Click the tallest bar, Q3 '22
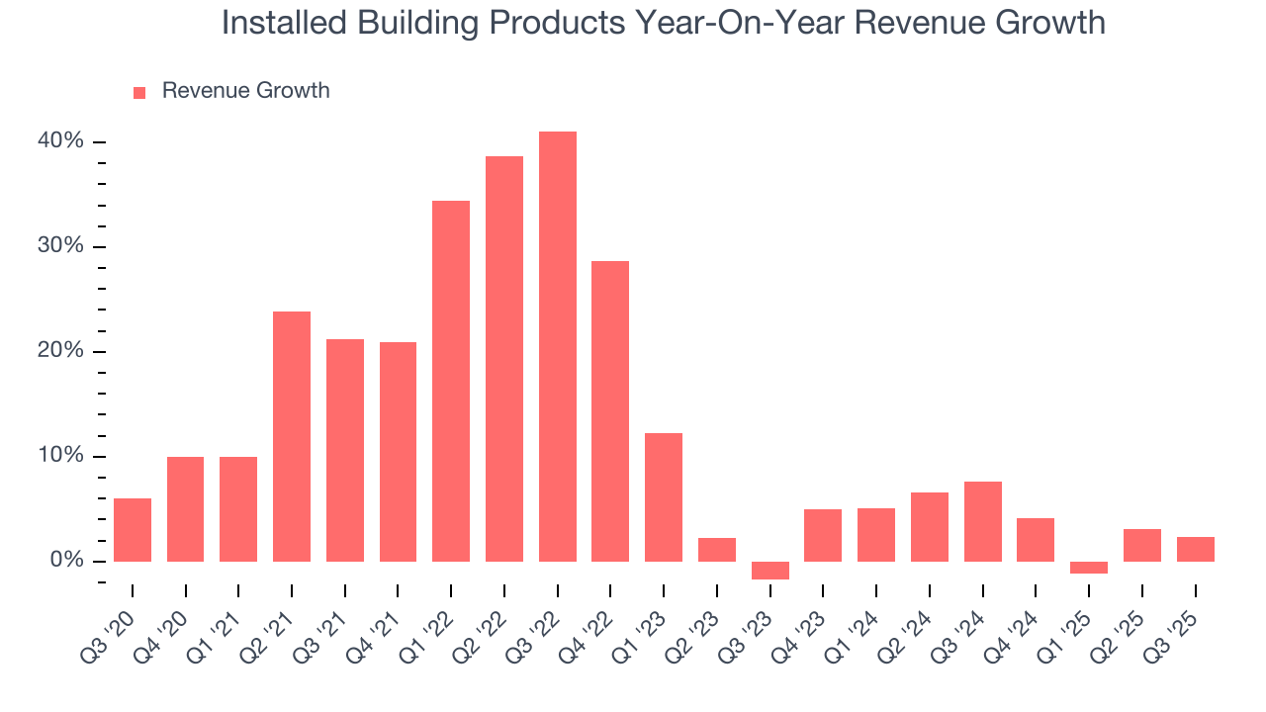pyautogui.click(x=558, y=346)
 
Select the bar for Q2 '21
pyautogui.click(x=292, y=436)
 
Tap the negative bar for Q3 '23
pyautogui.click(x=770, y=571)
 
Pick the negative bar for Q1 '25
pyautogui.click(x=1089, y=568)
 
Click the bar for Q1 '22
pyautogui.click(x=451, y=381)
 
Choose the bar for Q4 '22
pyautogui.click(x=610, y=411)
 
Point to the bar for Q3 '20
pyautogui.click(x=133, y=530)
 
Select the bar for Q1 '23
pyautogui.click(x=664, y=497)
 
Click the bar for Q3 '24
pyautogui.click(x=983, y=521)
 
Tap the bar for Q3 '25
pyautogui.click(x=1196, y=549)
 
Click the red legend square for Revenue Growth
pyautogui.click(x=139, y=92)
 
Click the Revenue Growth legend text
pyautogui.click(x=245, y=91)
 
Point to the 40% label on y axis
pyautogui.click(x=61, y=141)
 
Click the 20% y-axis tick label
pyautogui.click(x=61, y=351)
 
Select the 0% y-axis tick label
pyautogui.click(x=66, y=561)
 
